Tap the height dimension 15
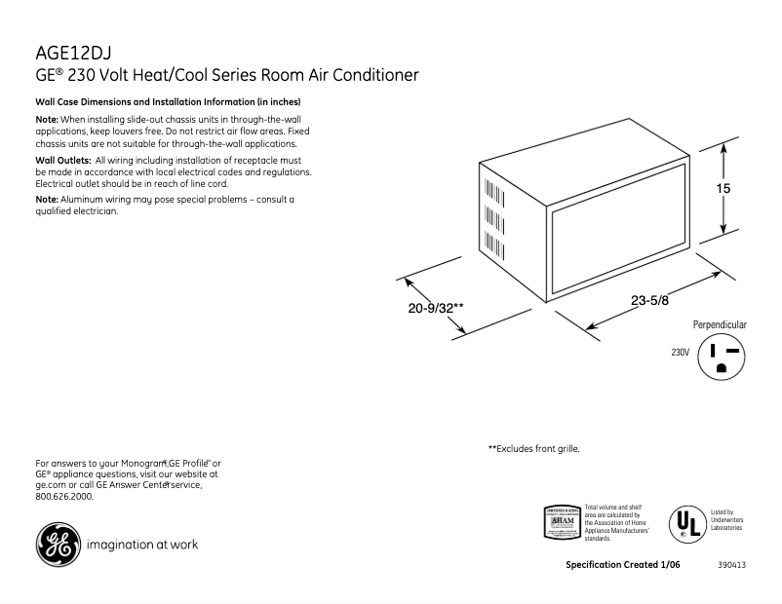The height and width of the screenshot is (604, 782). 723,190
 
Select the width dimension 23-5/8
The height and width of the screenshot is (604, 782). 650,301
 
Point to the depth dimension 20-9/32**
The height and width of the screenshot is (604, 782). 435,309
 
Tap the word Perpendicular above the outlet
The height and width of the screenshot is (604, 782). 720,324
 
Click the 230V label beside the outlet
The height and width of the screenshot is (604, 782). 680,353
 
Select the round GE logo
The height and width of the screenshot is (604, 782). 56,545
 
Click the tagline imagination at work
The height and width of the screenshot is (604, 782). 142,545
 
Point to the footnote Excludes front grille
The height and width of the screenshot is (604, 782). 533,449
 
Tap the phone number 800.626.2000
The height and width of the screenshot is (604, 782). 63,496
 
